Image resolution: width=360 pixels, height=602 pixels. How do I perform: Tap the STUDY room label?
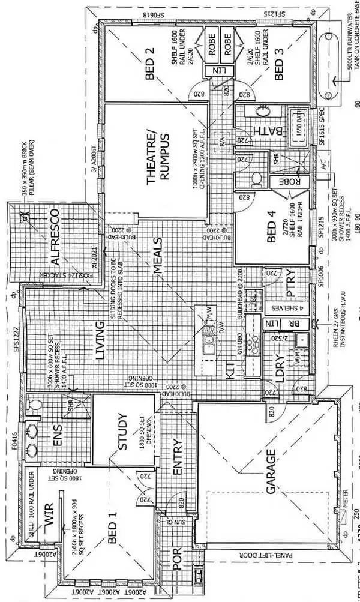click(x=125, y=432)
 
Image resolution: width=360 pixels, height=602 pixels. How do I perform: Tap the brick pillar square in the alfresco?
click(x=23, y=218)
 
